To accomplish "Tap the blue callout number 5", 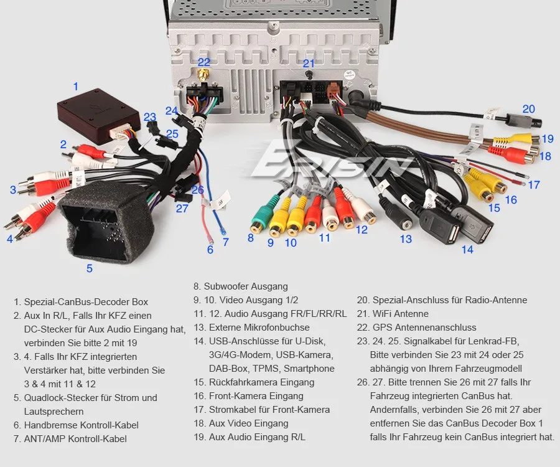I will point(90,268).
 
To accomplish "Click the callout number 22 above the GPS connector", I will point(204,62).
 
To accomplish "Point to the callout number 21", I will point(309,64).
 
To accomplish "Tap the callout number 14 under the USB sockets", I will point(467,249).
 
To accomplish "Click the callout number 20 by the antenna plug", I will point(528,109).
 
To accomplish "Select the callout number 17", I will point(533,185).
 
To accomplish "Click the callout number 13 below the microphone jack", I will point(406,238).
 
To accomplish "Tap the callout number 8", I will point(250,237).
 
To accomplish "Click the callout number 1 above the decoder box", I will point(76,87).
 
